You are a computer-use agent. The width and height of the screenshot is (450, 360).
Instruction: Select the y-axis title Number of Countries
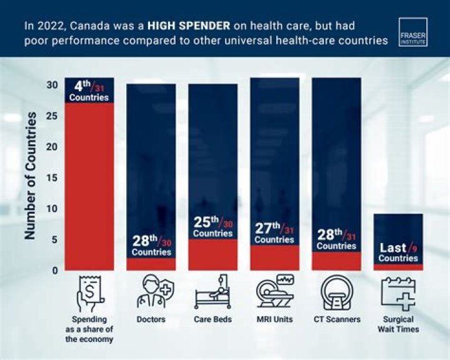(30, 176)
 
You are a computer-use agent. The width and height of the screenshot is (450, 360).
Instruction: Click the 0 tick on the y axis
(55, 271)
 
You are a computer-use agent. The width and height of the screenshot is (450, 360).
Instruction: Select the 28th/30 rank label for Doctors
(151, 245)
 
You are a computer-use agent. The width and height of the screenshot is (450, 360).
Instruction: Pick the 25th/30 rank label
(212, 226)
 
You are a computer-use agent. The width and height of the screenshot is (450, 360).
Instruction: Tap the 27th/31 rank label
(274, 232)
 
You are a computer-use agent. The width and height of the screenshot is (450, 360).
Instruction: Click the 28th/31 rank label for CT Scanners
(336, 239)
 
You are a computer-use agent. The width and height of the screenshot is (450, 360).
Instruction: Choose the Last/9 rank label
(398, 252)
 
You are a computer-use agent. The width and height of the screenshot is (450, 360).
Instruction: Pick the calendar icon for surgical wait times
(398, 293)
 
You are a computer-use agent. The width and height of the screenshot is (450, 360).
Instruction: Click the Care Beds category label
(212, 320)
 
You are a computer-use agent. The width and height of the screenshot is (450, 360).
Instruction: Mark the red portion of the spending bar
(89, 187)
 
